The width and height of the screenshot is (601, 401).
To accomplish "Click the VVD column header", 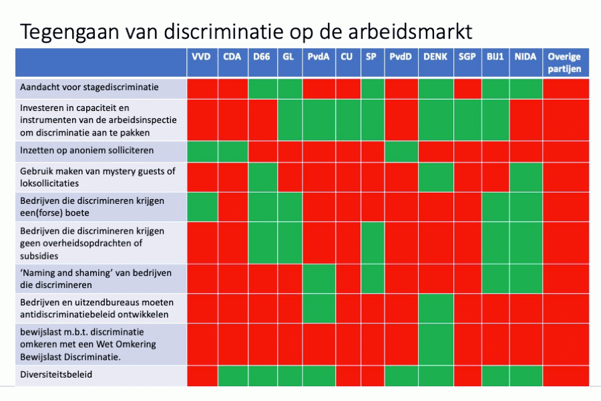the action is click(x=201, y=57).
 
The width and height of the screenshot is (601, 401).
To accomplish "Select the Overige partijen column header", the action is click(x=564, y=63).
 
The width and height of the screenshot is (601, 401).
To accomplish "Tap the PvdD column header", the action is click(x=401, y=57).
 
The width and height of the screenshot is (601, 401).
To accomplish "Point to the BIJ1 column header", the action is click(x=495, y=57).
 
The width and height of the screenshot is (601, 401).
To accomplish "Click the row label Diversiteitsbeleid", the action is click(x=56, y=374).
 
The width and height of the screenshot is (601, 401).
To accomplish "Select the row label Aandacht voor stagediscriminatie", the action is click(x=89, y=87).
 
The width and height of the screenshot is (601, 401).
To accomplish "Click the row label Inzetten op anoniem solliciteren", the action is click(x=87, y=150).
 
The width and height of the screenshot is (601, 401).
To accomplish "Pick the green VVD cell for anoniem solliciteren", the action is click(x=202, y=151).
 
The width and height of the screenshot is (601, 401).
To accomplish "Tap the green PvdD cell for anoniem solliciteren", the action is click(x=401, y=151).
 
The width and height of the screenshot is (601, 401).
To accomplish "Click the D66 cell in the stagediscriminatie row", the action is click(x=262, y=89).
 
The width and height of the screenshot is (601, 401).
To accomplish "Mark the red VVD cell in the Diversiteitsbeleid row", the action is click(x=202, y=376).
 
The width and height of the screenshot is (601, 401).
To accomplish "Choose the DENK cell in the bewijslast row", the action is click(x=436, y=344).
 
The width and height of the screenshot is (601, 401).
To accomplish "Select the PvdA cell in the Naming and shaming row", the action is click(x=319, y=279).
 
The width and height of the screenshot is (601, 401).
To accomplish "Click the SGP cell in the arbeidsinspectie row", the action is click(x=467, y=120).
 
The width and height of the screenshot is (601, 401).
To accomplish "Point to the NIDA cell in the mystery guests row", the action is click(x=526, y=177).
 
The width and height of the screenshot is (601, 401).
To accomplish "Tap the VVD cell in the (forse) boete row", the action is click(x=202, y=207).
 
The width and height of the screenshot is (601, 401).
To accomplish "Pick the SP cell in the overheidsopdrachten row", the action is click(x=373, y=243).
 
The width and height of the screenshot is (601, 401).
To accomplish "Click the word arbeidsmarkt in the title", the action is click(x=410, y=31).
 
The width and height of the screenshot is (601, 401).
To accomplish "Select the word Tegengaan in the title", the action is click(x=69, y=32).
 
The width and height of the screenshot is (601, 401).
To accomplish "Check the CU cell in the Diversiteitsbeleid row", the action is click(x=348, y=376).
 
